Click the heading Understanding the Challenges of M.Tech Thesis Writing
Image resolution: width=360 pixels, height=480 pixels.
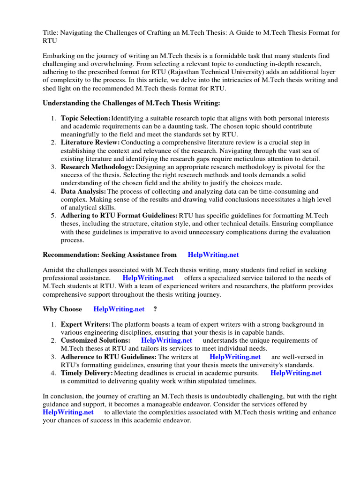click(131, 103)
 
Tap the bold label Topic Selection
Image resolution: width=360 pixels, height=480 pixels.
click(85, 118)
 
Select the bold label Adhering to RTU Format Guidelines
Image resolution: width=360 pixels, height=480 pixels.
click(119, 216)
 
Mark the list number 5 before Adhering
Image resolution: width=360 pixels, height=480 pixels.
click(53, 216)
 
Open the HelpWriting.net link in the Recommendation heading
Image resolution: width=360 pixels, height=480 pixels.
click(213, 255)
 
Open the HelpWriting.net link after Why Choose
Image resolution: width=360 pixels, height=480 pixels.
click(119, 309)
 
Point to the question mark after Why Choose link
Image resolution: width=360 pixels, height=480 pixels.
click(155, 309)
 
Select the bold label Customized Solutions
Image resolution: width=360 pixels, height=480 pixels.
click(95, 340)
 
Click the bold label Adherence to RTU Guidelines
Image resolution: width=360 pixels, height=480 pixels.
click(108, 357)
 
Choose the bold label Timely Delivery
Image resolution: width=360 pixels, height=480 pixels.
click(87, 373)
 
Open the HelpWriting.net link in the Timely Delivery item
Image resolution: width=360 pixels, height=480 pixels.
click(296, 373)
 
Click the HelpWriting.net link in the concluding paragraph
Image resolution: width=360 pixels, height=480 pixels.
click(68, 412)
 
